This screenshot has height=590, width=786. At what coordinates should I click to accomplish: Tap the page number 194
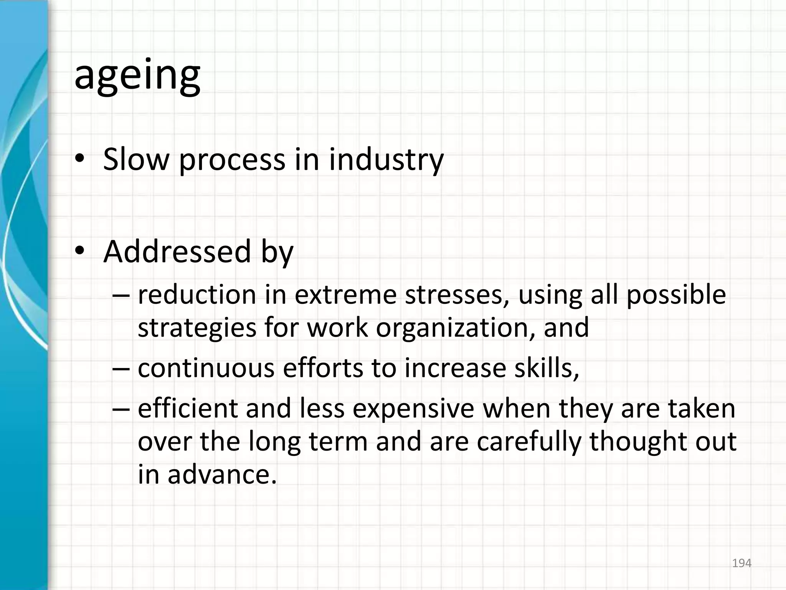coord(741,563)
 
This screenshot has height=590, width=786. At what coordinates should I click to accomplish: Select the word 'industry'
coord(386,160)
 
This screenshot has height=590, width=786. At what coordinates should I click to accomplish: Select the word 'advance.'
coord(222,475)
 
